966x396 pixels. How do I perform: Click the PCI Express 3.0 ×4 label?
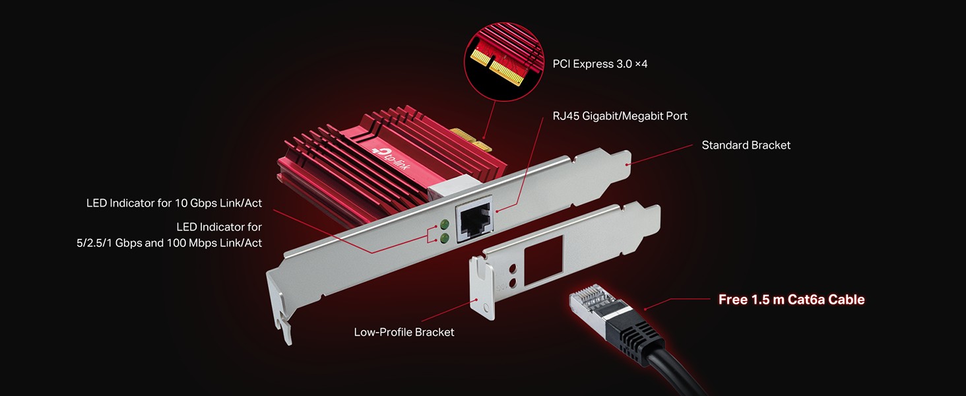point(600,64)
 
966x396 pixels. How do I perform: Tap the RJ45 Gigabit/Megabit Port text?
point(620,116)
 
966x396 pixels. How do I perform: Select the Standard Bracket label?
point(746,145)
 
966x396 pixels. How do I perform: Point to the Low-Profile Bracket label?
point(404,332)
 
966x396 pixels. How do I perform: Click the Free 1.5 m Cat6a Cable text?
point(791,300)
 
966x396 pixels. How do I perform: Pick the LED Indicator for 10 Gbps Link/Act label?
point(174,203)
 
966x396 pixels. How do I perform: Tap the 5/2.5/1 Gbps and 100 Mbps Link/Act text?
point(169,243)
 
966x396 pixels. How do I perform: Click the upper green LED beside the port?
point(444,224)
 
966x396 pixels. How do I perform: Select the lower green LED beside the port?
point(444,238)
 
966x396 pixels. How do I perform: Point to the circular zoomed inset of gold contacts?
point(503,61)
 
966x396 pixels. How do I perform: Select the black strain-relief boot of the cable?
point(635,341)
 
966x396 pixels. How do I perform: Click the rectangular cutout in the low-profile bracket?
point(543,260)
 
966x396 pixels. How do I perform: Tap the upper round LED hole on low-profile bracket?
point(513,269)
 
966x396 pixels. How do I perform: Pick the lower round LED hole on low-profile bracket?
point(513,283)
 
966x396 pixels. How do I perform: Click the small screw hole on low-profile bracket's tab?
point(486,308)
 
